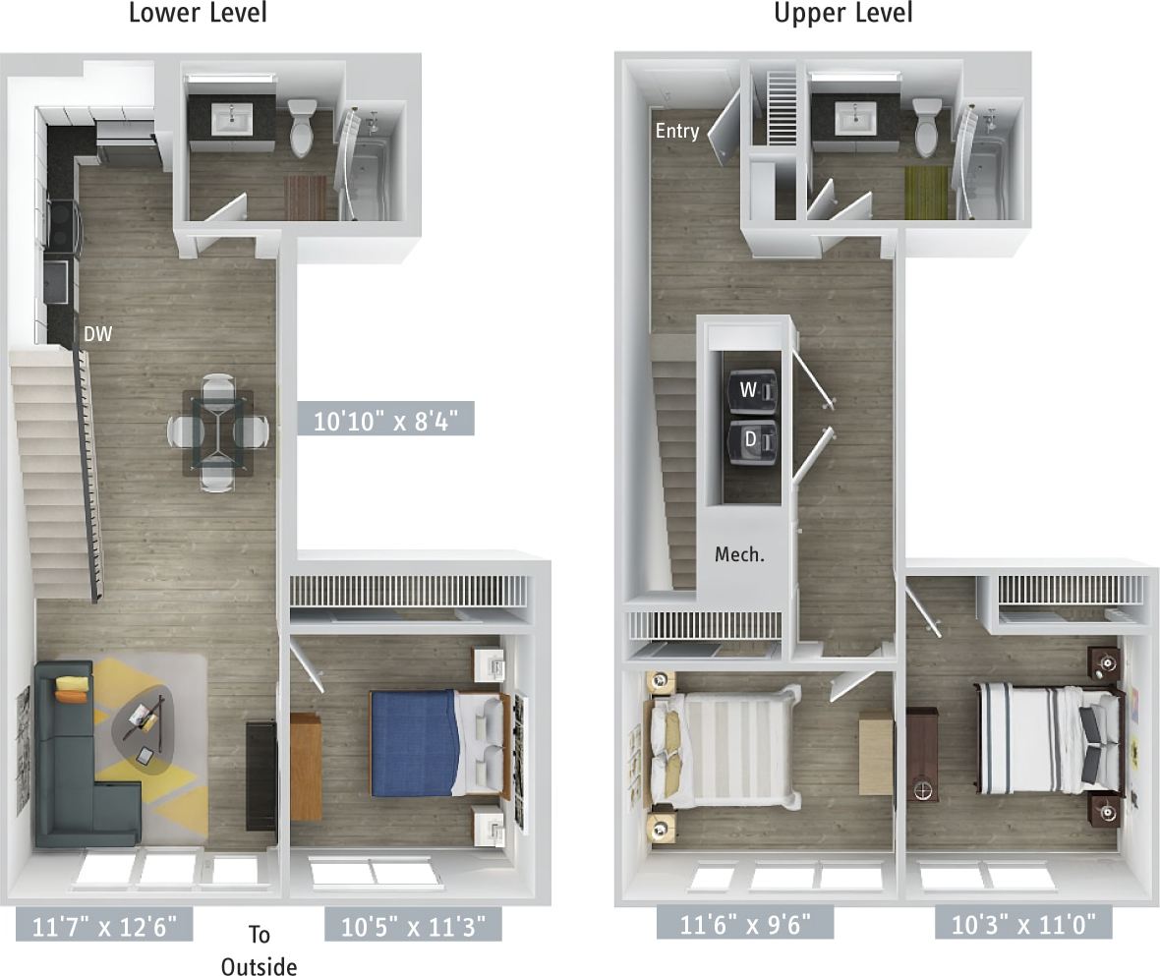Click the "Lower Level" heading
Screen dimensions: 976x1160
pos(197,14)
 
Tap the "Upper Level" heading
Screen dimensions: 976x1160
pos(842,14)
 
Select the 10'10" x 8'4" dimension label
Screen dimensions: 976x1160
pos(386,422)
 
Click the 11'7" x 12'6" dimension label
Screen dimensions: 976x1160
pos(103,925)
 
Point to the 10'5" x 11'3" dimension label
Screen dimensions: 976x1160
pos(413,925)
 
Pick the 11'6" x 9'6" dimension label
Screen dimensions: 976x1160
pos(744,924)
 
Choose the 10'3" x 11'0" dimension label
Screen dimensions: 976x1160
pos(1023,924)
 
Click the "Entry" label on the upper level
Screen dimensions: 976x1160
pos(677,131)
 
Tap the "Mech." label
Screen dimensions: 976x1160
pos(739,554)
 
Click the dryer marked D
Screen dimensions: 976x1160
pos(751,440)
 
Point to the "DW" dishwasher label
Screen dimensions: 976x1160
pos(97,334)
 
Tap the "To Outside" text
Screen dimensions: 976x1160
pos(259,949)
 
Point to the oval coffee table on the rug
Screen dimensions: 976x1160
pos(145,727)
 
